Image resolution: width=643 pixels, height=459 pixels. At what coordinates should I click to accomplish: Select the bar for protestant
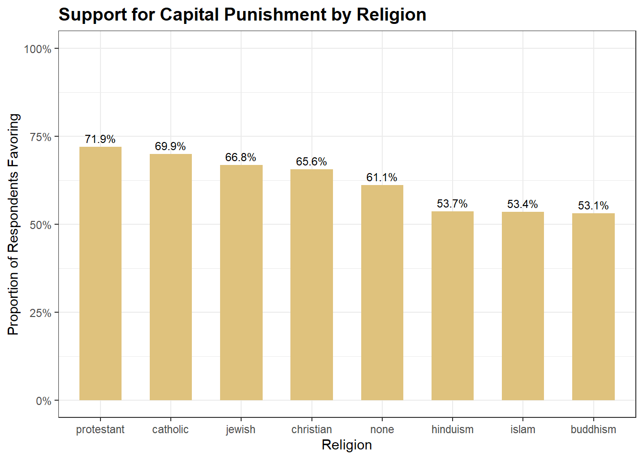(100, 273)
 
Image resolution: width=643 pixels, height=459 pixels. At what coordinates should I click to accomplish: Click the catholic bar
(171, 277)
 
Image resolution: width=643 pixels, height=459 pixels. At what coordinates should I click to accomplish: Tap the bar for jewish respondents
(241, 283)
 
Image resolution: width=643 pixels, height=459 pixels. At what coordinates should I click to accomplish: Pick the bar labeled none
(382, 293)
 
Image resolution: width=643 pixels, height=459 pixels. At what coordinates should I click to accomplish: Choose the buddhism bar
(593, 306)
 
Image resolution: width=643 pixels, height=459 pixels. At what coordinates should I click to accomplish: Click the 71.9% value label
(100, 139)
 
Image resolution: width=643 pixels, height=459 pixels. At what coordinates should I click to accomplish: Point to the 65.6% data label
(311, 162)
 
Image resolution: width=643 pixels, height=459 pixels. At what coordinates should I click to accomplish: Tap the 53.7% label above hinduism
(452, 204)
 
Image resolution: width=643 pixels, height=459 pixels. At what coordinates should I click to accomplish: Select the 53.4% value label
(522, 204)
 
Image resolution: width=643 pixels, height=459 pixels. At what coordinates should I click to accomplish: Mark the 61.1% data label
(382, 177)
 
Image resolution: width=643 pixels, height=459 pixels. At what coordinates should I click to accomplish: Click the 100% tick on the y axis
(38, 49)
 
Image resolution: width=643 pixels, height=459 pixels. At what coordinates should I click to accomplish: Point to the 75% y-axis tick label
(41, 137)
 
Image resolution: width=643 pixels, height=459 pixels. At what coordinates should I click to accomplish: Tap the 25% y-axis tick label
(41, 313)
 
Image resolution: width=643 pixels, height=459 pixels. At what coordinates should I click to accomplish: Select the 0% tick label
(44, 401)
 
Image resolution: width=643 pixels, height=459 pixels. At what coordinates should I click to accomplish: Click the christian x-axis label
(311, 429)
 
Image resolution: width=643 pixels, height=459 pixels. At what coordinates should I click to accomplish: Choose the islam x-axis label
(523, 429)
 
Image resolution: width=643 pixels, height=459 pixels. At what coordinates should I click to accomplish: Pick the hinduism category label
(453, 429)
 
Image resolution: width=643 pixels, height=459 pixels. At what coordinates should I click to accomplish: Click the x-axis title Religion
(347, 445)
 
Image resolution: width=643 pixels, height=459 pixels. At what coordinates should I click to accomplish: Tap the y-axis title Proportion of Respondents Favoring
(13, 224)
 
